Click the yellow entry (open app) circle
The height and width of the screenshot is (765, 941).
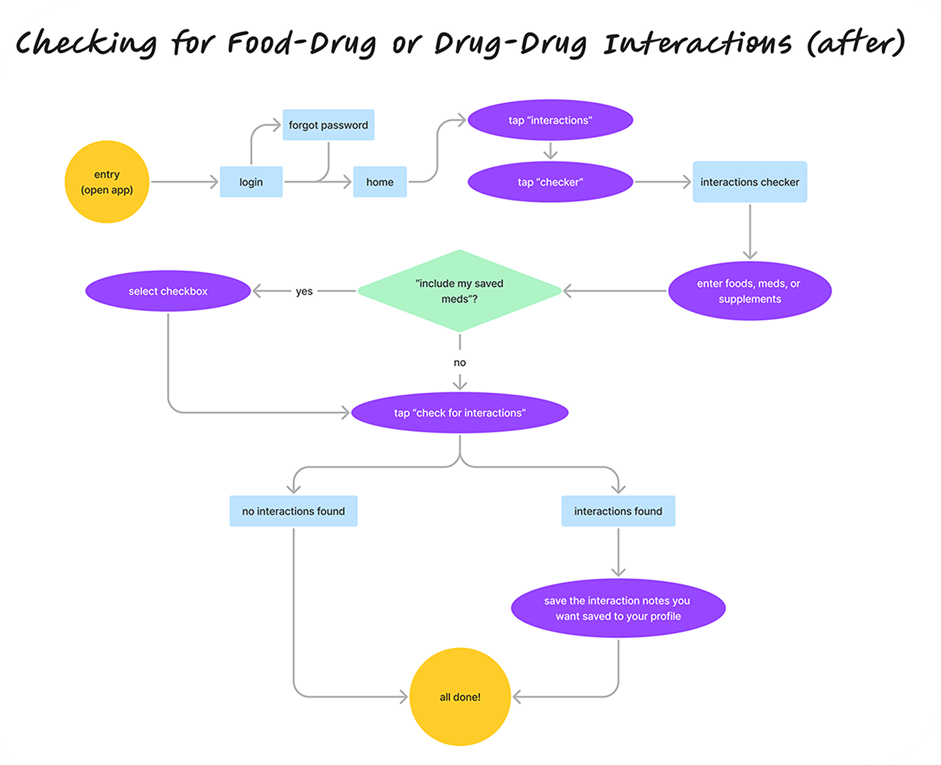107,181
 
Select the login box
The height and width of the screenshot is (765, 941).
251,182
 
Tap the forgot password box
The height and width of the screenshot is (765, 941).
328,125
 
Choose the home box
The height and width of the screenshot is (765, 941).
380,182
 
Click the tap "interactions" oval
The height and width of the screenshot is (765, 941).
550,120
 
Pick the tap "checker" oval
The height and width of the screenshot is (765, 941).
550,182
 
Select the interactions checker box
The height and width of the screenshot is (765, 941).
749,182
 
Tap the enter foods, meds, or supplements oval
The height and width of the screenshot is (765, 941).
749,291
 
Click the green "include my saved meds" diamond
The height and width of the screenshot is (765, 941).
459,291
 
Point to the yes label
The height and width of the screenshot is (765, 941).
304,292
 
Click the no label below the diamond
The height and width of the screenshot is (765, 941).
459,363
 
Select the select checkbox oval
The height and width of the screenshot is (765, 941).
168,291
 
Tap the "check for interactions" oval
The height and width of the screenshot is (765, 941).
459,413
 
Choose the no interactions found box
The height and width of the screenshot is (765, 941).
293,511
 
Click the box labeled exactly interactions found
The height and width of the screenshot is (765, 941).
618,511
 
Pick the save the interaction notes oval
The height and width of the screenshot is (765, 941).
618,608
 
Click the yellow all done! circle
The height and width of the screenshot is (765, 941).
460,697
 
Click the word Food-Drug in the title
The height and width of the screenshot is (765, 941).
301,43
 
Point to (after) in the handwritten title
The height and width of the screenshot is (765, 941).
855,43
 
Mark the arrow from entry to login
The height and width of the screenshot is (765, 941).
185,182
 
